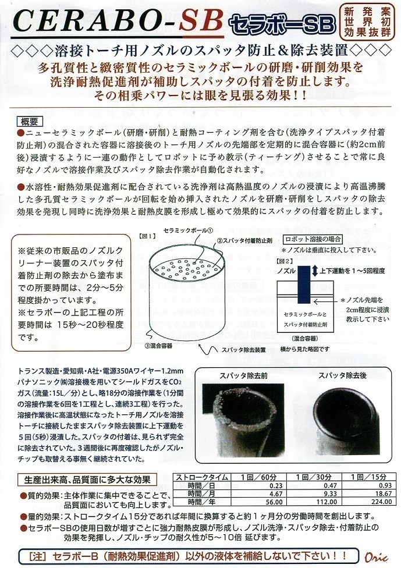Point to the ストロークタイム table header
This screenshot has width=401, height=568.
[202, 477]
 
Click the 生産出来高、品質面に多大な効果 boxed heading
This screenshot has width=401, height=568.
[87, 480]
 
